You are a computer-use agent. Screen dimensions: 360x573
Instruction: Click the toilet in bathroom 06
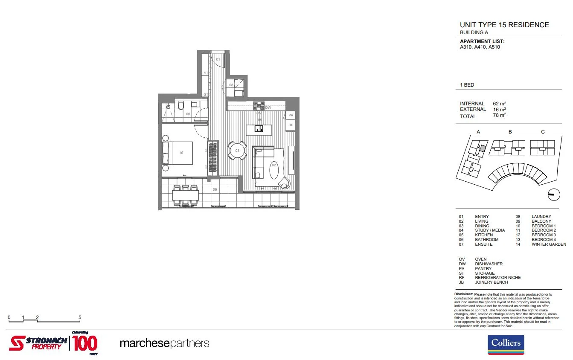pos(180,106)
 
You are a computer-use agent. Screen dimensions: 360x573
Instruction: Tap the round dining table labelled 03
pos(237,151)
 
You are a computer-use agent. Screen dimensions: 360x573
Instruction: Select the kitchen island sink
pos(259,129)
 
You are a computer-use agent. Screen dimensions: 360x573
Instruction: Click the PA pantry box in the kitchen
pos(291,116)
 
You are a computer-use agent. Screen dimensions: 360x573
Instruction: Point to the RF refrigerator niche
pos(291,125)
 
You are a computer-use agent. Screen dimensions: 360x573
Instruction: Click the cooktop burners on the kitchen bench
pos(259,105)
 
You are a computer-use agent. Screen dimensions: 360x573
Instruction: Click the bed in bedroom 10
pos(178,153)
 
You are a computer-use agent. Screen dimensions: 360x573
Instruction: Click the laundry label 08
pos(231,85)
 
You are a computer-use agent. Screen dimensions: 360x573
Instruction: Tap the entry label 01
pos(218,59)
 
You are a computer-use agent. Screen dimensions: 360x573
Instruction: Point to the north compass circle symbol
pos(553,195)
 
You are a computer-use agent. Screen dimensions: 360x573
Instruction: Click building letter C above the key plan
pos(543,132)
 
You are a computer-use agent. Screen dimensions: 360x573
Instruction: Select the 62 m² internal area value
pos(499,104)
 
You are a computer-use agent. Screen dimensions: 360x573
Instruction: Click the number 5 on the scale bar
pos(80,317)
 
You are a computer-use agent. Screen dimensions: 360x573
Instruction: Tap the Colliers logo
pos(506,345)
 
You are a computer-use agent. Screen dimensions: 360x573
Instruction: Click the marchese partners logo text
pos(164,343)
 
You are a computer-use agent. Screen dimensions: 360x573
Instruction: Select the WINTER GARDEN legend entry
pos(549,244)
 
